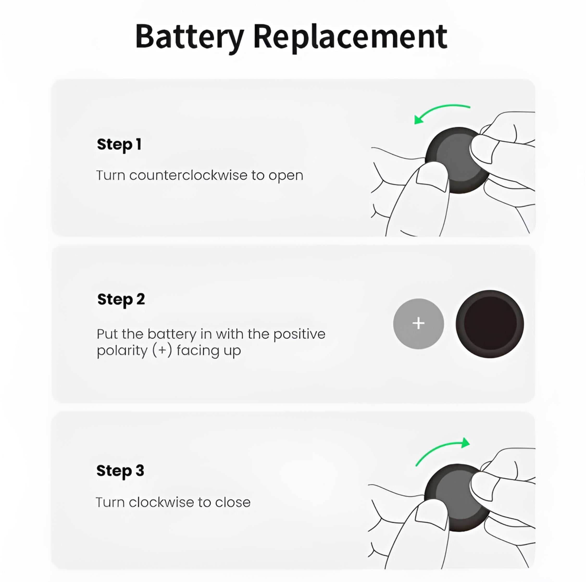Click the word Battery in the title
(x=189, y=37)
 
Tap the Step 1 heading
(x=119, y=144)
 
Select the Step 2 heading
(x=121, y=299)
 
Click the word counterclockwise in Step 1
(x=188, y=175)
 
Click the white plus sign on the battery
(x=418, y=323)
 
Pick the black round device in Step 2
(x=490, y=324)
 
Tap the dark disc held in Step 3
(x=449, y=491)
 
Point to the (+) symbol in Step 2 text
(x=162, y=350)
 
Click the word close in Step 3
(x=233, y=503)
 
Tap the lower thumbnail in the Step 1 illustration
(x=432, y=176)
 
